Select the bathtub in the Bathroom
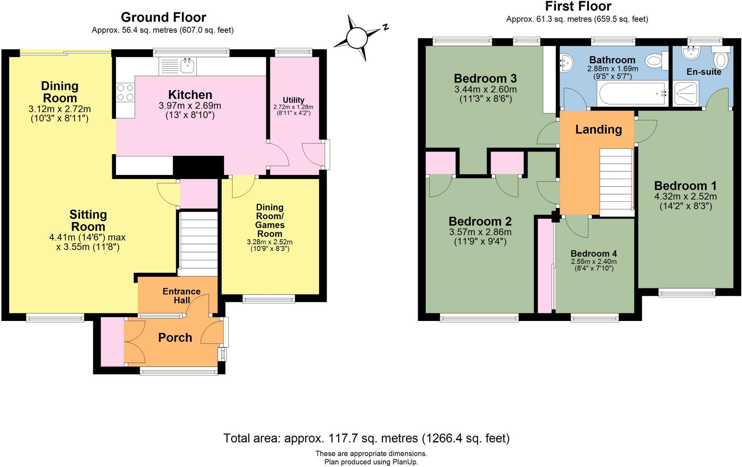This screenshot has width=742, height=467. click(x=633, y=93)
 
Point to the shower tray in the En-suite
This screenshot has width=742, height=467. click(x=685, y=93)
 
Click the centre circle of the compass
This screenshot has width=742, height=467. click(x=357, y=38)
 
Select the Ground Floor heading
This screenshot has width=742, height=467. click(x=163, y=17)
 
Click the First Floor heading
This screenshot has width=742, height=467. click(x=578, y=6)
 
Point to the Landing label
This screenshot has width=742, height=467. click(x=599, y=129)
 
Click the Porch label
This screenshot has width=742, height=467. click(x=175, y=337)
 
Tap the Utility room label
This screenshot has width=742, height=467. click(x=293, y=100)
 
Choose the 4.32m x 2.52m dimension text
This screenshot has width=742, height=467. click(x=685, y=196)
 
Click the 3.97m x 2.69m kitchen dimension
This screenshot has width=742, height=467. click(x=190, y=106)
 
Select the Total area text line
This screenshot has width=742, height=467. click(x=366, y=438)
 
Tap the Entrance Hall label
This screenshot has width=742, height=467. click(x=182, y=296)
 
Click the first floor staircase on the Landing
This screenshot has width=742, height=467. click(x=616, y=183)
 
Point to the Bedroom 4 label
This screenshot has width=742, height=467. click(x=594, y=254)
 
